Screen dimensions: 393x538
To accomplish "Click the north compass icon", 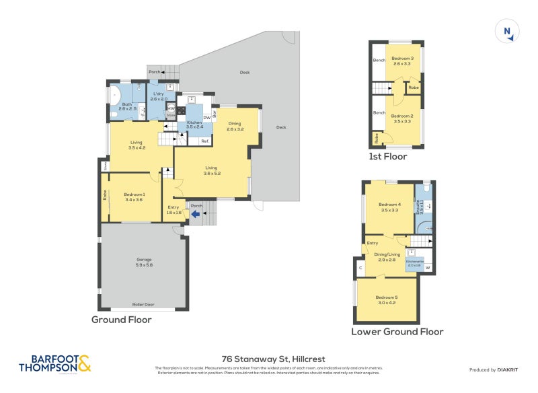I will point(506,32).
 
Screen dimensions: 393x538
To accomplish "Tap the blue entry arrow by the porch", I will point(196,215).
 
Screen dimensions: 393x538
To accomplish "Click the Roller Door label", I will point(144,304).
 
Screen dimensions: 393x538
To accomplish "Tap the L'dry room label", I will point(159,96).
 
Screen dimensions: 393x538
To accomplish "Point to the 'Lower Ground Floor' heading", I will point(397,332).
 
